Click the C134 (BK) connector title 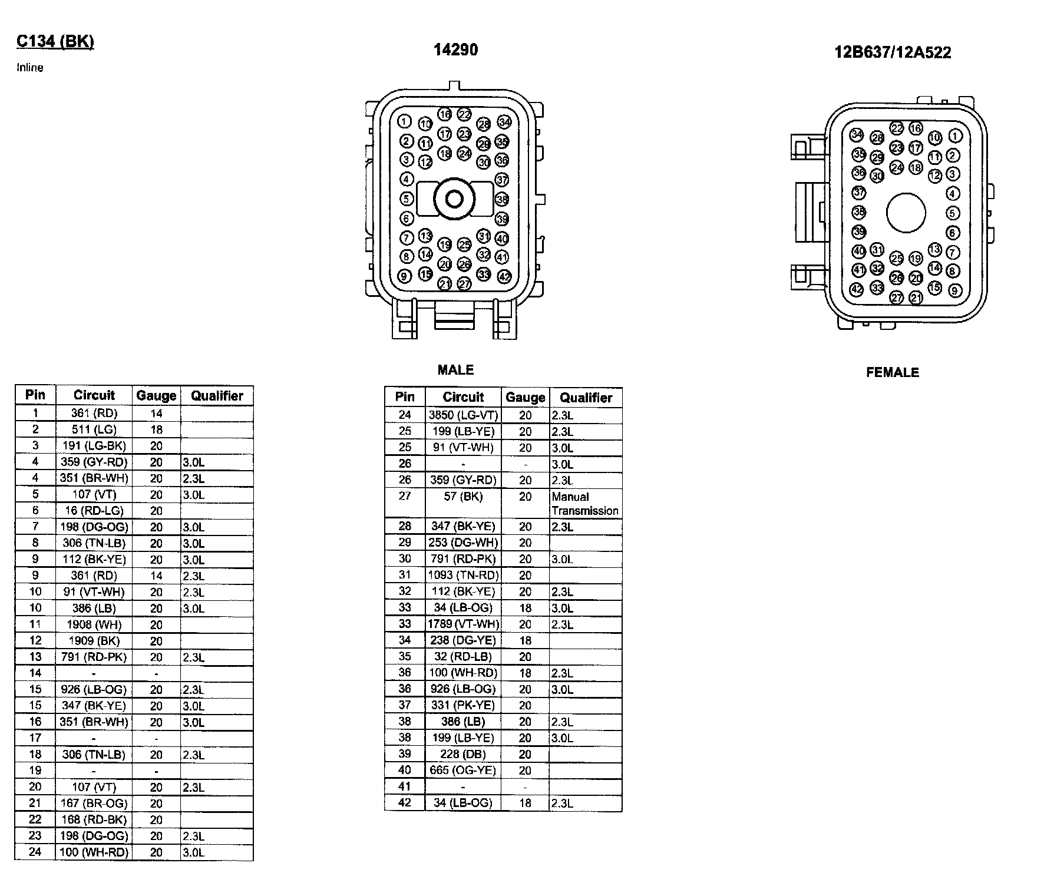[x=55, y=41]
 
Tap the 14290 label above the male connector [x=455, y=50]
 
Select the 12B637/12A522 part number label [x=892, y=52]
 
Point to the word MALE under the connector [x=455, y=370]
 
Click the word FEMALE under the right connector [x=892, y=372]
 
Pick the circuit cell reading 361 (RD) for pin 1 [x=94, y=413]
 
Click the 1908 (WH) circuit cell [x=94, y=624]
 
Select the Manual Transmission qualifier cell [x=585, y=504]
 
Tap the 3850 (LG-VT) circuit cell [x=463, y=415]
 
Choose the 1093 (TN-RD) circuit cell [x=463, y=575]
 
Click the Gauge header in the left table [x=156, y=396]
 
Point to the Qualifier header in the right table [x=586, y=398]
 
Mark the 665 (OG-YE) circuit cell [x=463, y=770]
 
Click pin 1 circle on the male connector [x=404, y=121]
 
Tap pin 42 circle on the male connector [x=504, y=276]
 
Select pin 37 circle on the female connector [x=859, y=193]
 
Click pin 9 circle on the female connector [x=955, y=290]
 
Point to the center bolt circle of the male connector [x=454, y=199]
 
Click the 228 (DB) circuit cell [x=463, y=754]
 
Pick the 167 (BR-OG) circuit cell [x=94, y=803]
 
